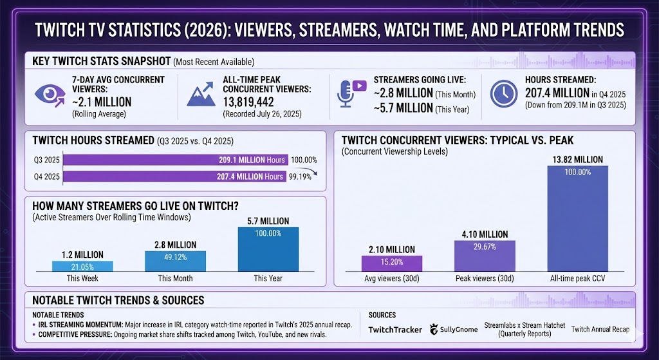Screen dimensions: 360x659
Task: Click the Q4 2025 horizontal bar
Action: pyautogui.click(x=174, y=176)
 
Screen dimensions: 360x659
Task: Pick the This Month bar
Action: pyautogui.click(x=175, y=260)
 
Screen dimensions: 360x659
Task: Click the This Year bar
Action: pyautogui.click(x=268, y=249)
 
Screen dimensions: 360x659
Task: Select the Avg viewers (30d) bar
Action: pyautogui.click(x=392, y=263)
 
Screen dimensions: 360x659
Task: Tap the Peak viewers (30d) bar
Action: pyautogui.click(x=485, y=255)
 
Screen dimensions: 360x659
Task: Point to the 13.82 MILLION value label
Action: pyautogui.click(x=577, y=159)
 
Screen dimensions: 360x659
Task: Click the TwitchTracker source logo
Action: pyautogui.click(x=395, y=329)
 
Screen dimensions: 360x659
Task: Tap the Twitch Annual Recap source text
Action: pyautogui.click(x=600, y=329)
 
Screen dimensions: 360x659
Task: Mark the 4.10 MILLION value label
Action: pyautogui.click(x=485, y=234)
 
